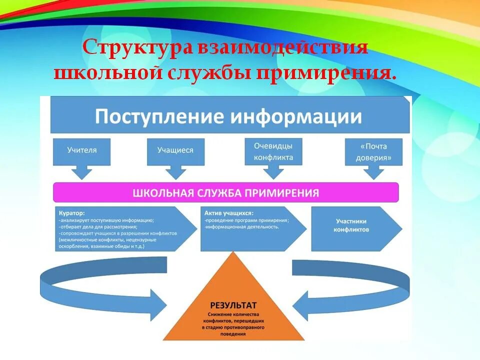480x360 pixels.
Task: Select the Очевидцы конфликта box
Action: [x=273, y=151]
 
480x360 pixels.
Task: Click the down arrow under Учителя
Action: [x=82, y=172]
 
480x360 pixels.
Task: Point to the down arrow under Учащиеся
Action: [x=175, y=172]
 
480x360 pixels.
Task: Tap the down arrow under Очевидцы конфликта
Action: [x=273, y=171]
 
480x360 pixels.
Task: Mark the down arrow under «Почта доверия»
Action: [x=373, y=172]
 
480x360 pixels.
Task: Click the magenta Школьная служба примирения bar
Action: [x=226, y=192]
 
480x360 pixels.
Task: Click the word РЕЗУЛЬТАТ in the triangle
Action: [x=233, y=304]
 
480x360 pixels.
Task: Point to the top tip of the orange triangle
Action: [x=233, y=252]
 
